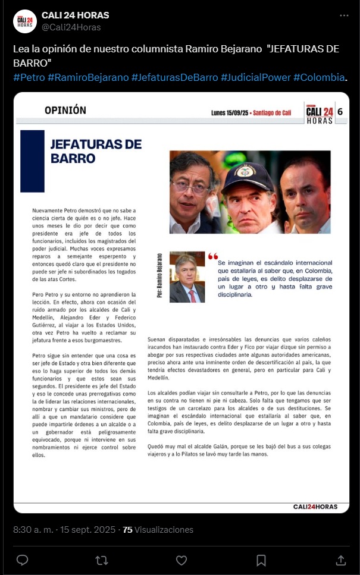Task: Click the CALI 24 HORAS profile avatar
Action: [x=25, y=21]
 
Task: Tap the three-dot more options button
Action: [x=344, y=15]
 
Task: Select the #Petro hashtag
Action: [x=29, y=78]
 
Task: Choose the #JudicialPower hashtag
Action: [x=255, y=78]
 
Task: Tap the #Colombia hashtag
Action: [x=319, y=78]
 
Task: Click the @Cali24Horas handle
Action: [x=71, y=27]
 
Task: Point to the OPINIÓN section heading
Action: [x=65, y=110]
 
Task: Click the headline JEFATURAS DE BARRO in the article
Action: [x=96, y=151]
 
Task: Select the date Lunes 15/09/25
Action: [x=230, y=112]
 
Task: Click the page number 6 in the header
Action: [x=340, y=111]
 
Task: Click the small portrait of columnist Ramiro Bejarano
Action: [x=187, y=277]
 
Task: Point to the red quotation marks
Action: [x=212, y=256]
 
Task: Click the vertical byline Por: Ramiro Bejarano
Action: [x=159, y=276]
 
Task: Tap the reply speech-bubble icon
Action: [x=22, y=560]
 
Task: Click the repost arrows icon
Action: [x=102, y=560]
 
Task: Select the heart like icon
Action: [x=181, y=560]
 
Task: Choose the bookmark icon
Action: [x=261, y=560]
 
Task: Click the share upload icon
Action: [x=341, y=560]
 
